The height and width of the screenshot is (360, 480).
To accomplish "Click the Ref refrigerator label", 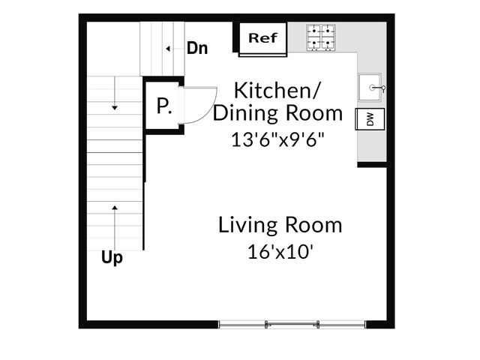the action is click(x=262, y=38).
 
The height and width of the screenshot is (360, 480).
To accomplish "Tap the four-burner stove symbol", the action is click(x=321, y=37).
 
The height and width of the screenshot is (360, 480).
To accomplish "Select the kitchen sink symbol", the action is click(x=370, y=87).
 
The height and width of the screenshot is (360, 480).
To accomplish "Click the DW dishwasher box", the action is click(x=370, y=119).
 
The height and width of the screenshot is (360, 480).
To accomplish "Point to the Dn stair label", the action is click(x=197, y=48).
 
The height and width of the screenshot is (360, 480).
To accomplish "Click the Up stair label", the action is click(x=112, y=258).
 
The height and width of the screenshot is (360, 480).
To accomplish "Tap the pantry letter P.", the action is click(x=163, y=106).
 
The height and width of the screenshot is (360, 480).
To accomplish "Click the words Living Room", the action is click(x=280, y=225).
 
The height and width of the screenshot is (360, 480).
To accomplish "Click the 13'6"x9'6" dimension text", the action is click(x=277, y=139).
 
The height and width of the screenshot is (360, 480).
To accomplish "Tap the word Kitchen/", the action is click(x=277, y=90).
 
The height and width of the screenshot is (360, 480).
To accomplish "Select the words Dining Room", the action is click(x=277, y=113).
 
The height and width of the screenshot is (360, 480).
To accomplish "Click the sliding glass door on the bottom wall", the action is click(x=292, y=325).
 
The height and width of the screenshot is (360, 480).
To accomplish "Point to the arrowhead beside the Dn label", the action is click(x=168, y=49).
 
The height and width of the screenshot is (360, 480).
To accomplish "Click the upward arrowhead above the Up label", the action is click(x=115, y=208).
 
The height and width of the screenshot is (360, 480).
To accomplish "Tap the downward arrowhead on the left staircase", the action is click(x=115, y=108).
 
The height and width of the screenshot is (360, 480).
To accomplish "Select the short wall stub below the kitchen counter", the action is click(x=372, y=165).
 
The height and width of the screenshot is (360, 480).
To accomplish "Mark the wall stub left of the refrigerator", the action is click(x=235, y=37).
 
